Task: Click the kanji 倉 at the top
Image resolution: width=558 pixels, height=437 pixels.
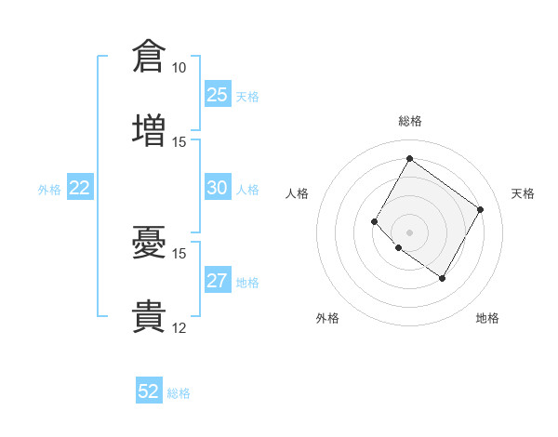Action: tap(149, 56)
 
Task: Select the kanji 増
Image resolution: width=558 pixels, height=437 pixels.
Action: tap(149, 130)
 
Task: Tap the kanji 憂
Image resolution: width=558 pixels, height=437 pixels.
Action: tap(149, 242)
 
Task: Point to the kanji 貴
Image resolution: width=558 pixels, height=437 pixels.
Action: tap(149, 316)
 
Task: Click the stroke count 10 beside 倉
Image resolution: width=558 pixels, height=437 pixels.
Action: tap(179, 68)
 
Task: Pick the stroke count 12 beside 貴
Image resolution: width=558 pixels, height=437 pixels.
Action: tap(179, 328)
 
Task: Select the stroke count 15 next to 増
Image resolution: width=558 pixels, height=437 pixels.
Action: tap(179, 142)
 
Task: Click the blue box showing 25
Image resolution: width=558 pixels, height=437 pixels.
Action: tap(218, 94)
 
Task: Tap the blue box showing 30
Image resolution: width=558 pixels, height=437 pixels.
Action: tap(218, 187)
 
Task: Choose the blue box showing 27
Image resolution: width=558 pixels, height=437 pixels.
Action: tap(218, 279)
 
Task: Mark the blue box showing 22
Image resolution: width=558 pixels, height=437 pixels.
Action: tap(80, 187)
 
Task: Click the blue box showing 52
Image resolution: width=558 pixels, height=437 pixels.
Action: tap(149, 390)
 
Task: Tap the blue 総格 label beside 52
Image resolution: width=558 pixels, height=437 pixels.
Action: tap(179, 393)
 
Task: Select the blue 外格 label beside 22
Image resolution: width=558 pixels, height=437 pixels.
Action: tap(49, 190)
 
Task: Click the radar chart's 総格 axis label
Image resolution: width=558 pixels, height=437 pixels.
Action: tap(410, 121)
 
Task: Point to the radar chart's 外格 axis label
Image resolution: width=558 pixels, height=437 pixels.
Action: tap(327, 318)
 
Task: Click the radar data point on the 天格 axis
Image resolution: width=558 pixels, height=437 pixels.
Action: tap(480, 209)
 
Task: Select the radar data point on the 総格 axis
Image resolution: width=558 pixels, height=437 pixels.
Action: tap(409, 158)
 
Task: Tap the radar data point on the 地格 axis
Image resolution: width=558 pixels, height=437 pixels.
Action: tap(442, 278)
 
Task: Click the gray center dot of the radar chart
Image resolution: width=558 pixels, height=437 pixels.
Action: tap(409, 232)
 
